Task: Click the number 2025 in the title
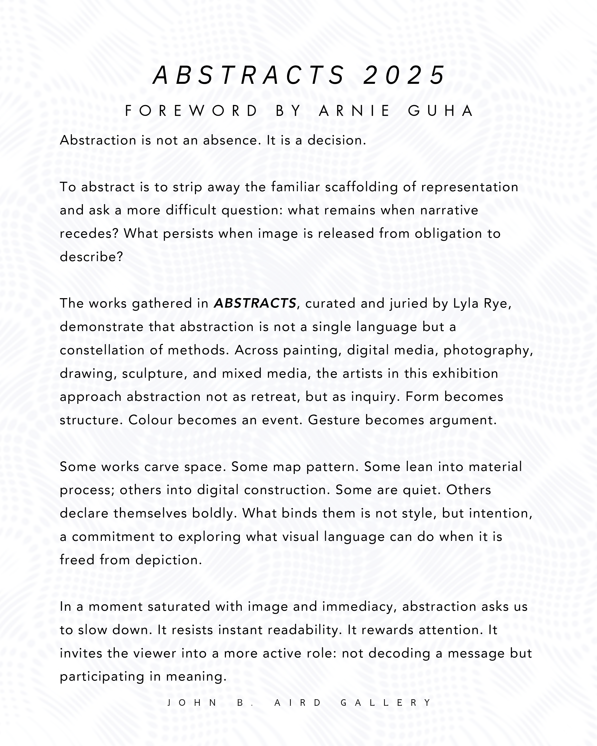click(404, 75)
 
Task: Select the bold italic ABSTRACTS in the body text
click(255, 303)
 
